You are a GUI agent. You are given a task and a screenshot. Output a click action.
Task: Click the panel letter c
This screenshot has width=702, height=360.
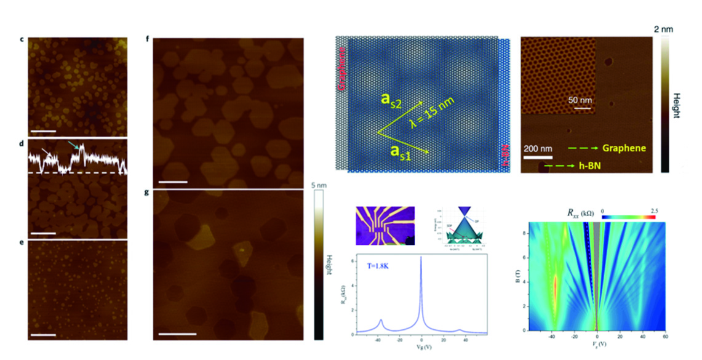coord(22,40)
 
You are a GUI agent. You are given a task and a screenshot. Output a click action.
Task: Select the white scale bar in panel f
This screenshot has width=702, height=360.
coord(174,182)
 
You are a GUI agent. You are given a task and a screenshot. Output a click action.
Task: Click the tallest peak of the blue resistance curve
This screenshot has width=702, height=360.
coord(421,258)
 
